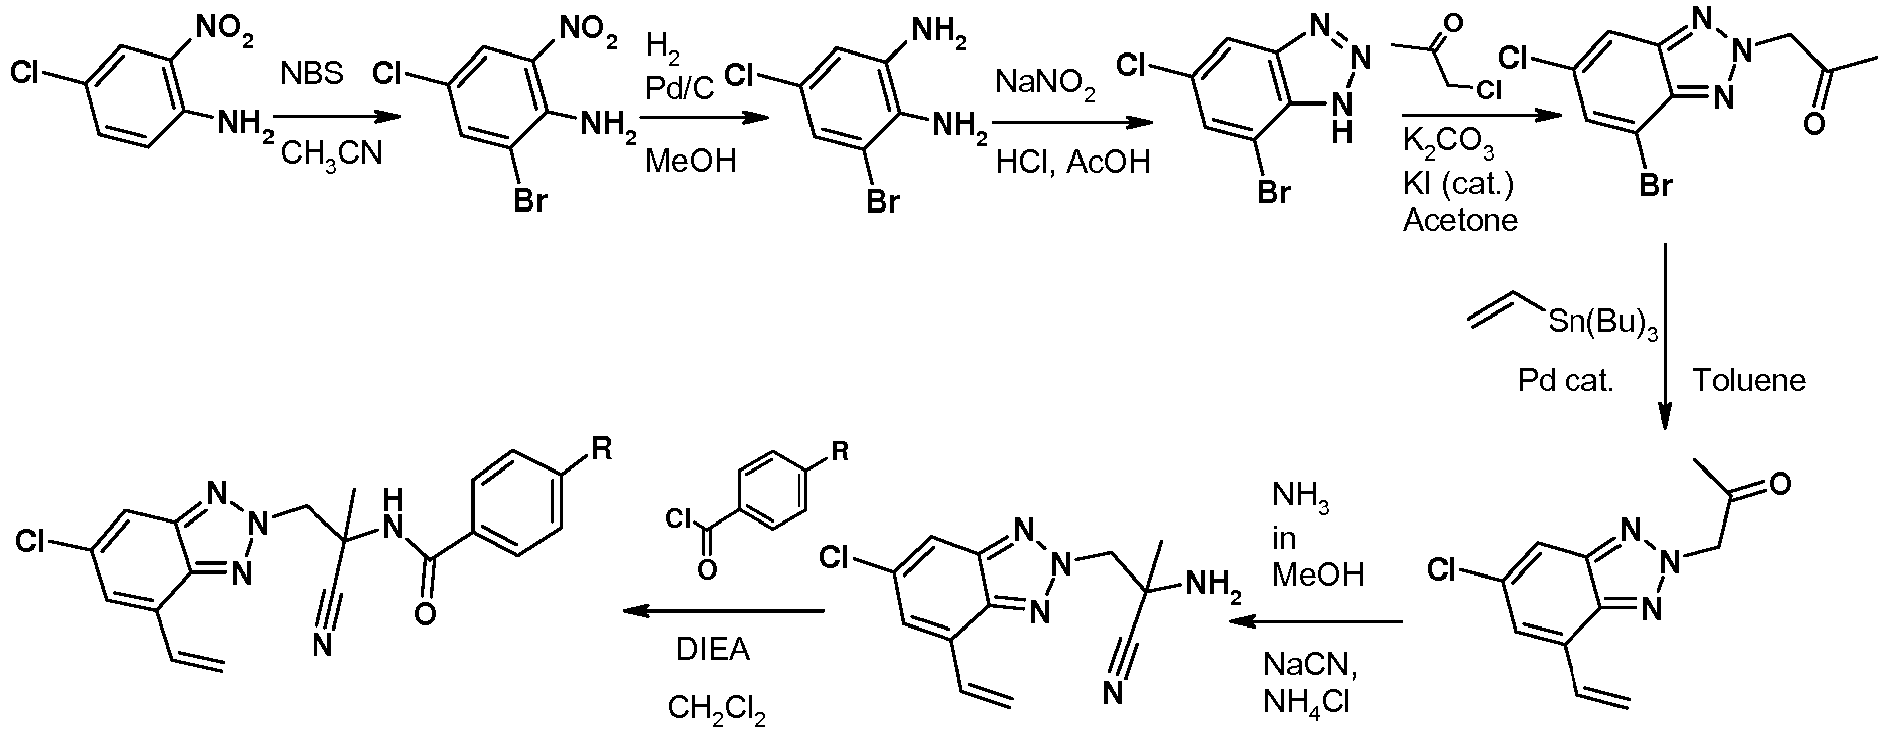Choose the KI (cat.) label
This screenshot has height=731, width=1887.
point(1459,185)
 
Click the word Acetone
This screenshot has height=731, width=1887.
point(1460,219)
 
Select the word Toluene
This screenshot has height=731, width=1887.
point(1749,380)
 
